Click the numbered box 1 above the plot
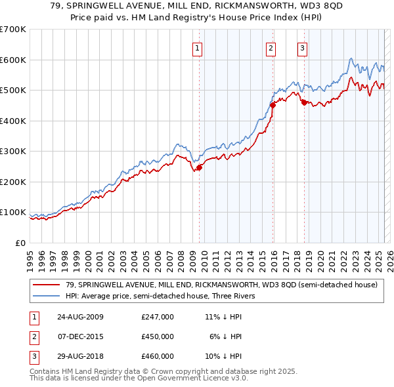[197, 47]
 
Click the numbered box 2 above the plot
[271, 47]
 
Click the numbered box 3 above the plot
[302, 47]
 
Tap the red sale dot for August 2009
[200, 167]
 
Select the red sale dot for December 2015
[273, 105]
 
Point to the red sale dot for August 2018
[304, 102]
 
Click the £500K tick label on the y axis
[13, 90]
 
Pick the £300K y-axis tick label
[13, 151]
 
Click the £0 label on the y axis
[20, 243]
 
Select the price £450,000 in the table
[158, 336]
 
